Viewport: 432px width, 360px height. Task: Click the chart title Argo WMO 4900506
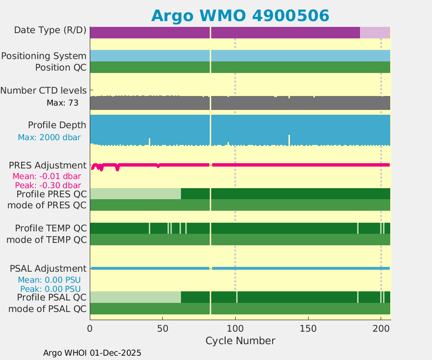click(240, 15)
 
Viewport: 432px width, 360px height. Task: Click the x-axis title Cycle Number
click(240, 341)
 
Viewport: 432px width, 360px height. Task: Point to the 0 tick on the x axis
click(90, 329)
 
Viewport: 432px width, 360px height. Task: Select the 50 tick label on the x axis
click(163, 329)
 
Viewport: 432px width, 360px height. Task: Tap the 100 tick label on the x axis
click(235, 329)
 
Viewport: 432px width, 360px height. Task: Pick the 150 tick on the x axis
click(308, 329)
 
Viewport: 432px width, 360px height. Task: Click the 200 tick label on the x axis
click(381, 329)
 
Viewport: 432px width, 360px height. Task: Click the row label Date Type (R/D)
click(50, 30)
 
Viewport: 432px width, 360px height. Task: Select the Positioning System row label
click(44, 56)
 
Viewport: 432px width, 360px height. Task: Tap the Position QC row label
click(60, 67)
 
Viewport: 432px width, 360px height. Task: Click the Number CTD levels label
click(43, 90)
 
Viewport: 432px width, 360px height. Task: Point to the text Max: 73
click(62, 103)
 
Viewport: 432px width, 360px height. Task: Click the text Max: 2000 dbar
click(49, 137)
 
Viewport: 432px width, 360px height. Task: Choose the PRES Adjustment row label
click(48, 166)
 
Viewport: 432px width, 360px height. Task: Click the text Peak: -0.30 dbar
click(48, 185)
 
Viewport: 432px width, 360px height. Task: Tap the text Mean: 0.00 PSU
click(49, 280)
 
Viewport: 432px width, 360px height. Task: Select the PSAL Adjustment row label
click(48, 268)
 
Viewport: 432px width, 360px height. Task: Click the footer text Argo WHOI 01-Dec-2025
click(92, 353)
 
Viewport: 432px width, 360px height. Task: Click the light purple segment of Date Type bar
click(375, 33)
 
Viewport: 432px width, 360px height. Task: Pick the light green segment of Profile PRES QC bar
click(135, 194)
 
